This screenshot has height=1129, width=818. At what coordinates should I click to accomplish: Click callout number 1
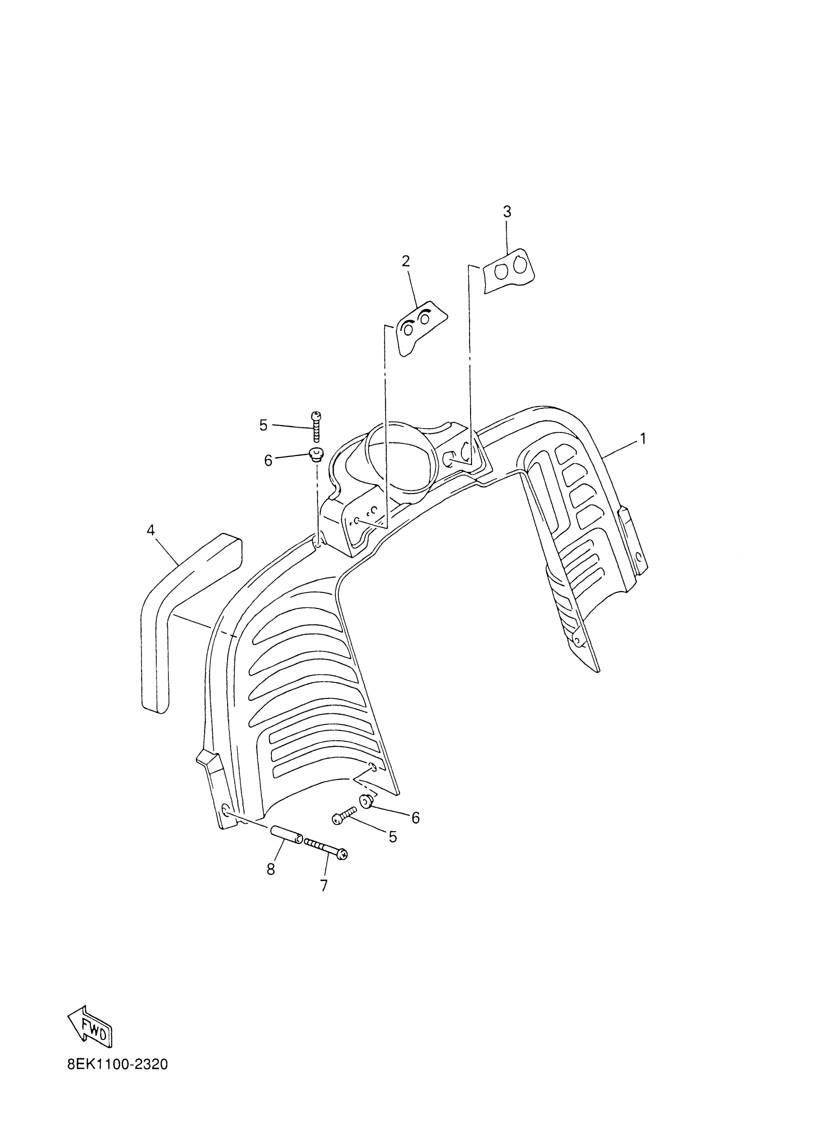click(643, 439)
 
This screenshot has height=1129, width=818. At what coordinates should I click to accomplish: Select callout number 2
click(406, 261)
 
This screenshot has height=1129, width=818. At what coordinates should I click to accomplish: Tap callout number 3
click(507, 212)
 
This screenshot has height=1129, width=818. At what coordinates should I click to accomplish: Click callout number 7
click(324, 886)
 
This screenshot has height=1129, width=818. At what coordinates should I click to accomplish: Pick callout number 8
click(271, 869)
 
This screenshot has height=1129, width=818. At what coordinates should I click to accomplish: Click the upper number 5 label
click(263, 425)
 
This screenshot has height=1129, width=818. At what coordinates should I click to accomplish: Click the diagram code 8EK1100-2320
click(117, 1065)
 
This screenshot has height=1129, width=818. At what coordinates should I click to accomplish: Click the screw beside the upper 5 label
click(316, 426)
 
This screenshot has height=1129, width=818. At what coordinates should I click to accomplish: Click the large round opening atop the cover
click(401, 460)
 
